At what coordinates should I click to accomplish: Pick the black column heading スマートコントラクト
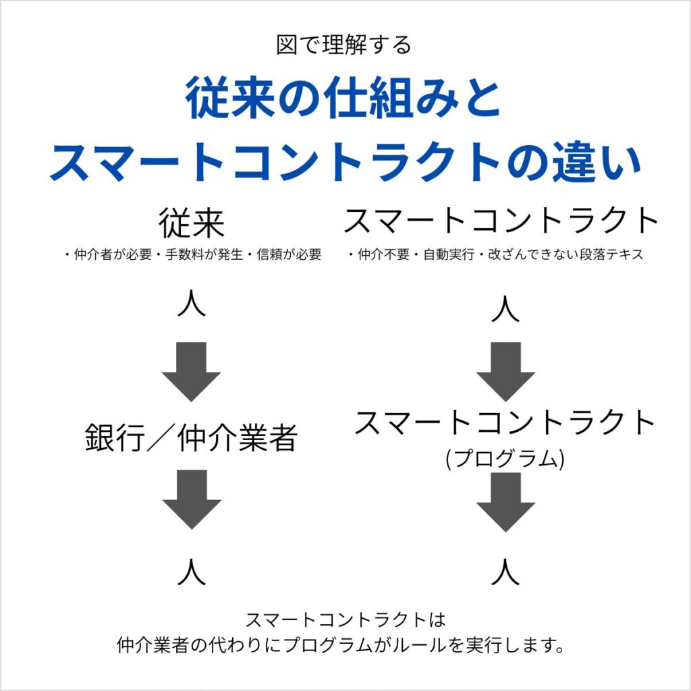pyautogui.click(x=501, y=221)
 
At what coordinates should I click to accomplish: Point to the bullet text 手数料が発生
pyautogui.click(x=192, y=256)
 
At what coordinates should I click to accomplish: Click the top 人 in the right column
pyautogui.click(x=505, y=310)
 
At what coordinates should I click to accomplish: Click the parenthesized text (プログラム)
pyautogui.click(x=505, y=459)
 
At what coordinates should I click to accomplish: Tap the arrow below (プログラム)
pyautogui.click(x=505, y=502)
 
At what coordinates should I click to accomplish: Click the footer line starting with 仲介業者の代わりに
pyautogui.click(x=340, y=645)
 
